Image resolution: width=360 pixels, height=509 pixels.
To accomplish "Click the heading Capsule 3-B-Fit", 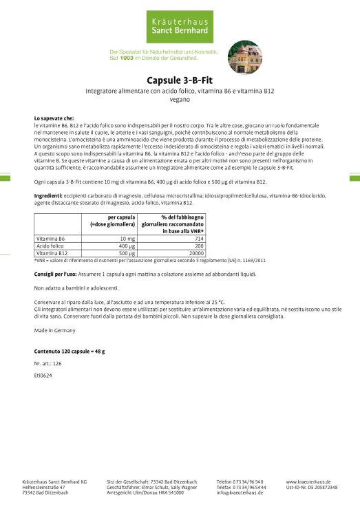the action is (180, 79).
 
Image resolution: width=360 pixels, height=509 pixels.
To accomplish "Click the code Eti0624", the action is (43, 376).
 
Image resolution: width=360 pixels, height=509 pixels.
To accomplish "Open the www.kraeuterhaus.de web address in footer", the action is (308, 482).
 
